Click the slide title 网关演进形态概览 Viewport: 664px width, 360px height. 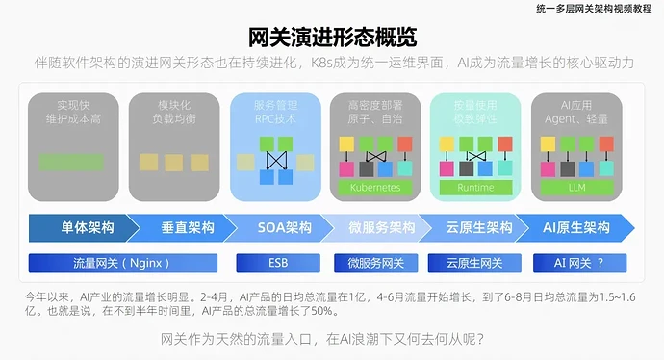click(x=332, y=38)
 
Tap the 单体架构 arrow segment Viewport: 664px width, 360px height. click(x=87, y=228)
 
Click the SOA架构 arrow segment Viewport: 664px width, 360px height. click(x=284, y=228)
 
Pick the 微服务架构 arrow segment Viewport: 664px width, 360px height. click(x=382, y=228)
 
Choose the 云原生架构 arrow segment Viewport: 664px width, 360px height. click(x=478, y=228)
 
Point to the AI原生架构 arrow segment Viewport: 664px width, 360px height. click(x=576, y=228)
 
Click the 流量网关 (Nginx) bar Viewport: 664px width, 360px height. click(x=121, y=262)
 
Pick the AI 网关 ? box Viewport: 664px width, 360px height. click(x=576, y=262)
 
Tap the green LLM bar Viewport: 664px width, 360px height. click(x=576, y=187)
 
